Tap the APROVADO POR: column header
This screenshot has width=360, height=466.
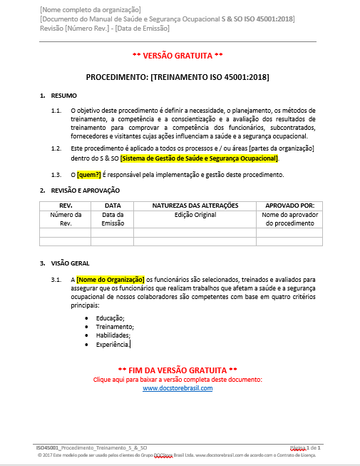click(x=289, y=206)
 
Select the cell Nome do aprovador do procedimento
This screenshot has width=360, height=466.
click(x=289, y=218)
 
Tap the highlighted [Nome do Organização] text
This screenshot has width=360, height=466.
click(x=110, y=279)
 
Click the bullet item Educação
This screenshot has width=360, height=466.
click(x=110, y=318)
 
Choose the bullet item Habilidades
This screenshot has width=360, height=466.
click(x=113, y=335)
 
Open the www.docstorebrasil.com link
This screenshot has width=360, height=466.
click(x=178, y=388)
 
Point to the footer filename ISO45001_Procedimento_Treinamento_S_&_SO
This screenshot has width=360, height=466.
click(x=92, y=447)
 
